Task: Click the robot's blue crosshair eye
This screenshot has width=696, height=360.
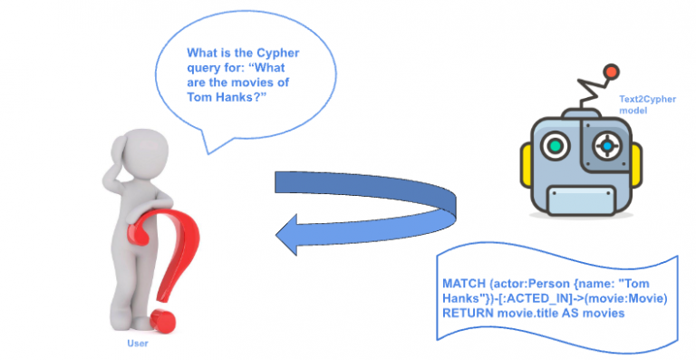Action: tap(605, 144)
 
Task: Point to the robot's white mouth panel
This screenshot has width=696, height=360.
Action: tap(579, 199)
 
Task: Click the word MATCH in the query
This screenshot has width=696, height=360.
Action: tap(464, 284)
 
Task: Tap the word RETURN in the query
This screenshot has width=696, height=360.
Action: tap(468, 313)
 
